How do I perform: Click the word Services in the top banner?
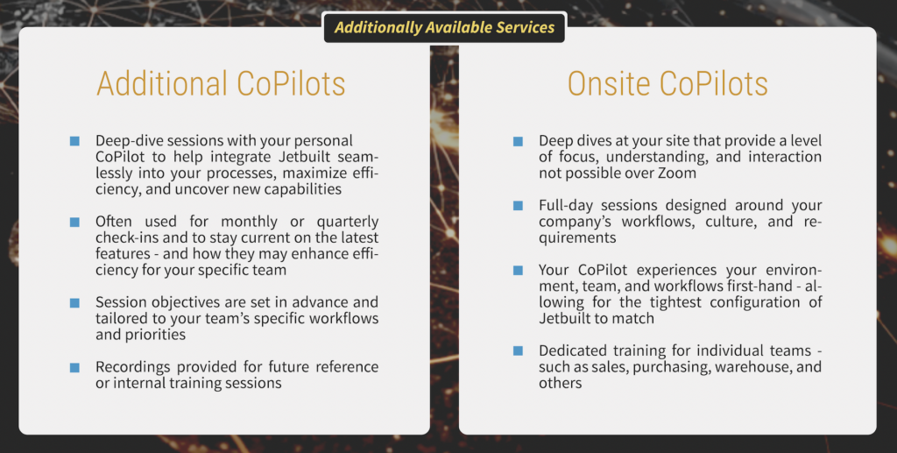point(525,27)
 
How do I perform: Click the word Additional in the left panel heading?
point(162,83)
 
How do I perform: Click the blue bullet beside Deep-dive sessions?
point(74,141)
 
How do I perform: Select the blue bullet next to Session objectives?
point(74,302)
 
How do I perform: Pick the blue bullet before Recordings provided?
point(74,367)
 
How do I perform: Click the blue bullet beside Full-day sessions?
point(518,205)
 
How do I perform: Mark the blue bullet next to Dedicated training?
point(518,350)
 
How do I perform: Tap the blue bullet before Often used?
point(74,222)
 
